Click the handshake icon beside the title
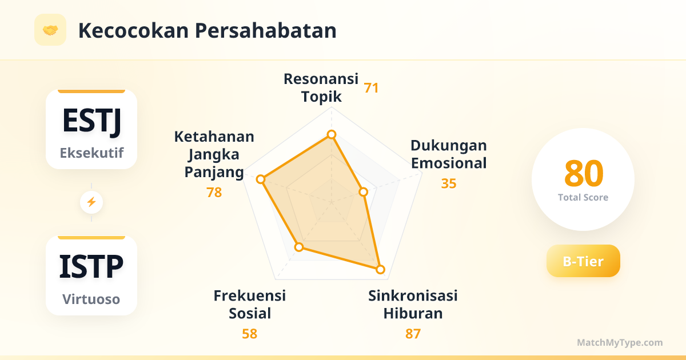[x=50, y=30]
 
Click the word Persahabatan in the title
[x=265, y=31]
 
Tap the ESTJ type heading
[x=91, y=122]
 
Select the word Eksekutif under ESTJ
[x=91, y=153]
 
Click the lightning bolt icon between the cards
[x=91, y=202]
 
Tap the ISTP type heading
[x=91, y=266]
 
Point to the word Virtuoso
[x=91, y=299]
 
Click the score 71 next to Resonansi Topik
[x=371, y=88]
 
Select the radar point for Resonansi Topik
[x=332, y=134]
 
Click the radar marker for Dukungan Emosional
[x=363, y=192]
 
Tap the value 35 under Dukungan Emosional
[x=449, y=183]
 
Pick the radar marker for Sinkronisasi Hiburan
[x=380, y=269]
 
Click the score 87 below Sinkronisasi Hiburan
[x=413, y=334]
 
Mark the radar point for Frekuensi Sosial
[x=299, y=247]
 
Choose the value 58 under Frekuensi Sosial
[x=250, y=334]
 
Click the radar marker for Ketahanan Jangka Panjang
[x=261, y=179]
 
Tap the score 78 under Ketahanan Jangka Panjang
[x=214, y=192]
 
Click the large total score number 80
[x=584, y=174]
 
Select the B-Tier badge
[x=583, y=261]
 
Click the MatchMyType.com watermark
[x=620, y=342]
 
